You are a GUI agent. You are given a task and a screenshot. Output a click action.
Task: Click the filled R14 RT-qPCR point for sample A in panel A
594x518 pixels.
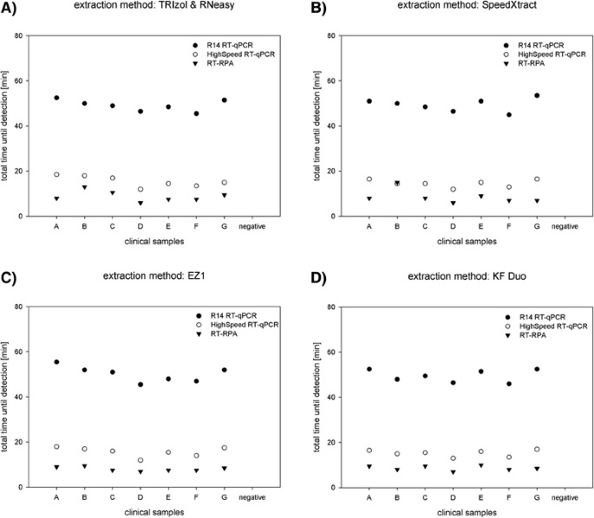[x=56, y=98]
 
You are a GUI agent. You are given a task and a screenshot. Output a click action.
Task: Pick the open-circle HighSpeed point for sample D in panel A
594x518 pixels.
[x=140, y=189]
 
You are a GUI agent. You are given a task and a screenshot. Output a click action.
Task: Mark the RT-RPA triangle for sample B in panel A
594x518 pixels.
[x=84, y=187]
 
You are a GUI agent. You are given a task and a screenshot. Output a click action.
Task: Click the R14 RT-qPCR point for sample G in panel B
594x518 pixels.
[x=537, y=95]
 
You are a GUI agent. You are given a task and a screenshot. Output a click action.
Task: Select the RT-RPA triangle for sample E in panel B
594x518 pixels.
[x=480, y=196]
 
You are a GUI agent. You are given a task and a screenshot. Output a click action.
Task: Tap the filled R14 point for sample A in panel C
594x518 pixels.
[x=56, y=362]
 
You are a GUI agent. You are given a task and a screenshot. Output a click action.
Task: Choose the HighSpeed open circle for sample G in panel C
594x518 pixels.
[x=225, y=448]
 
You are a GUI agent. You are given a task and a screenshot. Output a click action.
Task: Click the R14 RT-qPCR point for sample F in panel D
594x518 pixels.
[x=508, y=384]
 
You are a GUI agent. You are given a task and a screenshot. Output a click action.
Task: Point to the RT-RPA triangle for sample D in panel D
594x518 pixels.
[x=452, y=472]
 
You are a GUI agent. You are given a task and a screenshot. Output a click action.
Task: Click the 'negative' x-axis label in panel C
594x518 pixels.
[x=252, y=498]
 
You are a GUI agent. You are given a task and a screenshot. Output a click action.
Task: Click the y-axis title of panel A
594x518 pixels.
[x=8, y=126]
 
